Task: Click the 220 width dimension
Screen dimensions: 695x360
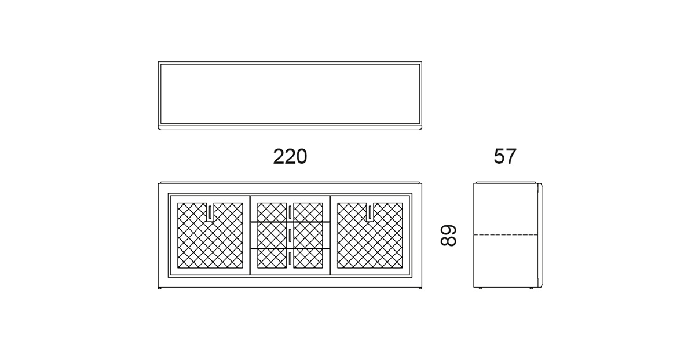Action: click(290, 157)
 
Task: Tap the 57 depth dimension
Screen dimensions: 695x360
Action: click(505, 156)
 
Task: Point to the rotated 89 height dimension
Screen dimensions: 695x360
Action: click(449, 236)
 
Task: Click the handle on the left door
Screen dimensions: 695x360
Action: click(210, 212)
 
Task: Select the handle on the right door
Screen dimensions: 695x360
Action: click(370, 212)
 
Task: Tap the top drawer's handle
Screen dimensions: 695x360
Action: click(290, 212)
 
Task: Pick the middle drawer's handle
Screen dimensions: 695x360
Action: click(290, 236)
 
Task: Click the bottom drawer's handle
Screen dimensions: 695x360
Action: click(290, 259)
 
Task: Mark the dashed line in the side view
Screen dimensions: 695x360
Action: click(506, 235)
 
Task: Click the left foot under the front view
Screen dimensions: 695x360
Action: click(160, 289)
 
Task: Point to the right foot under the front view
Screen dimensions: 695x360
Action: click(420, 289)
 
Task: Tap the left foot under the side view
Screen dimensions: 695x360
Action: click(481, 289)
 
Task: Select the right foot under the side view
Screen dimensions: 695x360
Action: click(531, 289)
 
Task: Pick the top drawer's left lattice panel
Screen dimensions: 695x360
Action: click(272, 212)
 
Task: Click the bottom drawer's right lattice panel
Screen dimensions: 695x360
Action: click(308, 259)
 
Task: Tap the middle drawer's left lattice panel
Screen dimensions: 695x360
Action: click(272, 236)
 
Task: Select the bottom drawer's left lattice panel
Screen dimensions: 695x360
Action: click(272, 259)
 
